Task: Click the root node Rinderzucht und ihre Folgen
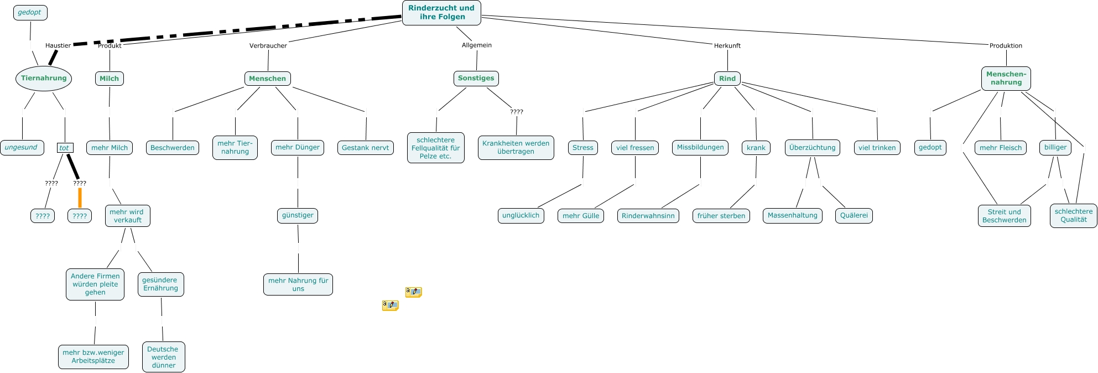tap(441, 12)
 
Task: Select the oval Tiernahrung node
tap(44, 78)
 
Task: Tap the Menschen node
tap(267, 79)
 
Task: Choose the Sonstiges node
tap(476, 78)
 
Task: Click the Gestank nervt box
tap(365, 148)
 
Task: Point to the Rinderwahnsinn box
tap(648, 216)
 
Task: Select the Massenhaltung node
tap(792, 215)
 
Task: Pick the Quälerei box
tap(854, 215)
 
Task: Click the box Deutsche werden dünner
tap(163, 357)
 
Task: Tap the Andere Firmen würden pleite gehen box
tap(95, 284)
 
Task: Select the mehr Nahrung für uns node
tap(298, 284)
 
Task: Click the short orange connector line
tap(80, 198)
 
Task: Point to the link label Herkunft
tap(727, 45)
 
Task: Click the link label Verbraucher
tap(268, 45)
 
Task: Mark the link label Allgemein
tap(476, 45)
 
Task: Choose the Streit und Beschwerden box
tap(1004, 216)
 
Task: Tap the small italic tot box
tap(65, 148)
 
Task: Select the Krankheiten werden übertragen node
tap(516, 147)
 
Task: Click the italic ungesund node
tap(22, 147)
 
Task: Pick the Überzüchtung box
tap(812, 148)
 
